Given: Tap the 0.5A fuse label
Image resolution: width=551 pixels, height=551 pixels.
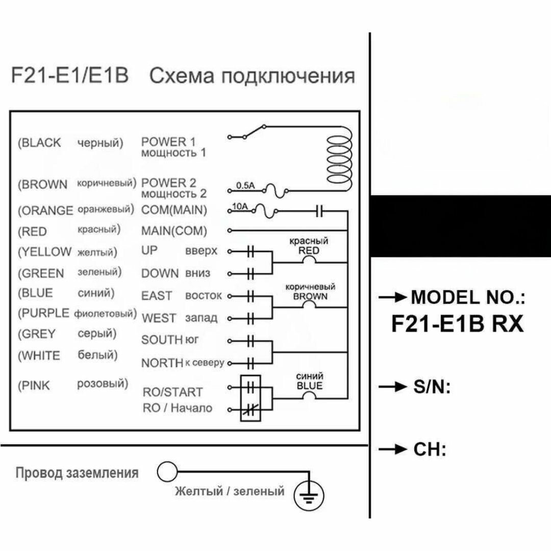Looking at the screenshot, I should [x=245, y=186].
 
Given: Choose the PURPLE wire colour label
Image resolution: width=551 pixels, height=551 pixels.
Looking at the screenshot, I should [x=46, y=313].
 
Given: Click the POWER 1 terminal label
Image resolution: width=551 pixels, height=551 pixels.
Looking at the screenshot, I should [x=168, y=142].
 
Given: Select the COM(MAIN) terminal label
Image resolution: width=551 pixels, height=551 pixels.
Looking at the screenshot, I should [x=174, y=210].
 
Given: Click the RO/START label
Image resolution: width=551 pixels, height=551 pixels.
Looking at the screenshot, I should [x=172, y=392].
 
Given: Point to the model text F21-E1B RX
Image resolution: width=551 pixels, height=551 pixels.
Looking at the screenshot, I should [x=458, y=323].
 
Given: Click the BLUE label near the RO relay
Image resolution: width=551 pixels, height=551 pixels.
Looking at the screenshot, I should [x=310, y=386].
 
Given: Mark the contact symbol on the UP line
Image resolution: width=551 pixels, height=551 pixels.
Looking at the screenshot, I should [x=250, y=252].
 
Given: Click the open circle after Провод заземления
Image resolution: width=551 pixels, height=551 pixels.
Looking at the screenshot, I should [x=167, y=472].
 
